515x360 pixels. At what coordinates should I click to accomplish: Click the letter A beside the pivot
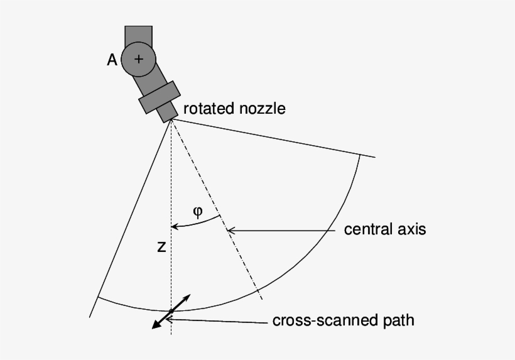(112, 60)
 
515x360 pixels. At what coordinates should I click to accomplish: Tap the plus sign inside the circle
(138, 59)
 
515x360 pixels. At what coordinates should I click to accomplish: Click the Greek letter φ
(198, 212)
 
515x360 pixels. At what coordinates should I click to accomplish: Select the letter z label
(161, 248)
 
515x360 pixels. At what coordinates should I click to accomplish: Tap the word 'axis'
(412, 229)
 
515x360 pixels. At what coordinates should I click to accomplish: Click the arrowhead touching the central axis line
(230, 231)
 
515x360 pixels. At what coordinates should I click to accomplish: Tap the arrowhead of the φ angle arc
(175, 226)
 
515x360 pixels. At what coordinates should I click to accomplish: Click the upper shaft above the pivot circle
(138, 34)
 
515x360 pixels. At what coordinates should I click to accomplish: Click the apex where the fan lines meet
(171, 119)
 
